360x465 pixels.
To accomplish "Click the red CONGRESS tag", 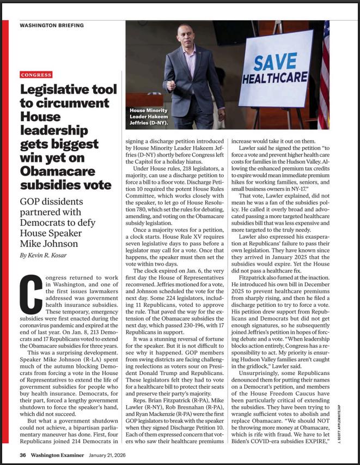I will (x=36, y=75).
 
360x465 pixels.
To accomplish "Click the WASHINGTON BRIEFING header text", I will (x=52, y=25).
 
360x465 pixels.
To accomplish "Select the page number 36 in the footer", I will (x=23, y=455).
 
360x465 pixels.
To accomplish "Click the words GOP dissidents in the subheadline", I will (x=51, y=201).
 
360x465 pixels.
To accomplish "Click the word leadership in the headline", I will (x=54, y=130).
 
